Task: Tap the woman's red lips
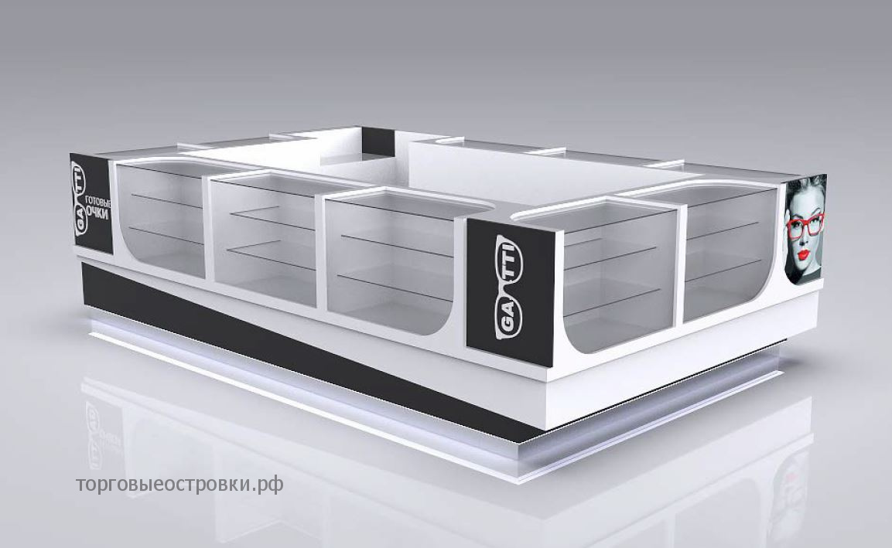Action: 803,254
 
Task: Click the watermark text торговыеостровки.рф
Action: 179,485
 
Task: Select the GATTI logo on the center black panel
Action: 508,288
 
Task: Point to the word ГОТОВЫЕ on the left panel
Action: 97,202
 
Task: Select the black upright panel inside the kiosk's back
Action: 378,142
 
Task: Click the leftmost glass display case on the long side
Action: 160,219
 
